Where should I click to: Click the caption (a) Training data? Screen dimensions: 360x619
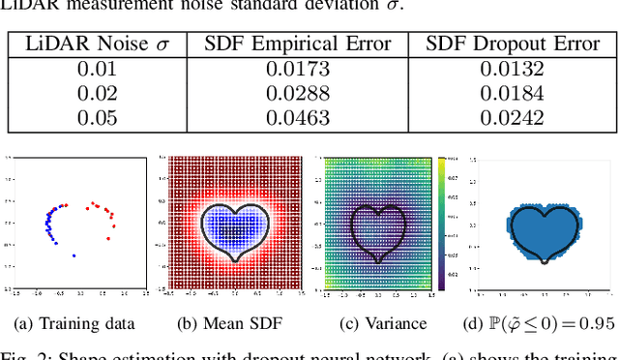73,323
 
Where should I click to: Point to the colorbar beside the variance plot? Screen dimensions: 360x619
440,222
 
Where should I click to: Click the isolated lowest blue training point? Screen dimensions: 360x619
74,256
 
